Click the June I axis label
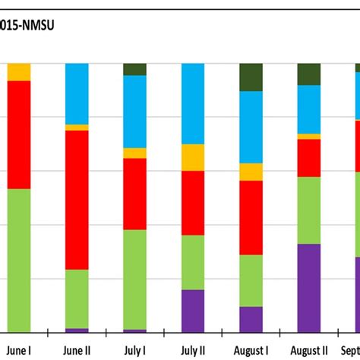(19, 350)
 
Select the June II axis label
(77, 350)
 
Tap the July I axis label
(135, 350)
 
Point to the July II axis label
(193, 350)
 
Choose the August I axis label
(251, 350)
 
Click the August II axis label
(309, 350)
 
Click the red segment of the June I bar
(19, 134)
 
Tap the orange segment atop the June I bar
(19, 72)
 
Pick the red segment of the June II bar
(77, 200)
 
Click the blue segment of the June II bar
(77, 93)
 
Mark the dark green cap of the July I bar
(135, 69)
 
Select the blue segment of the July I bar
(135, 111)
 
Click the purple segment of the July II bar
(193, 311)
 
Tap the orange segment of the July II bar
(193, 157)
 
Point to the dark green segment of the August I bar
(251, 77)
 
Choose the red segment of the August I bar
(251, 217)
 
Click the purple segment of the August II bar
(309, 288)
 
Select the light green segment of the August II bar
(309, 210)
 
